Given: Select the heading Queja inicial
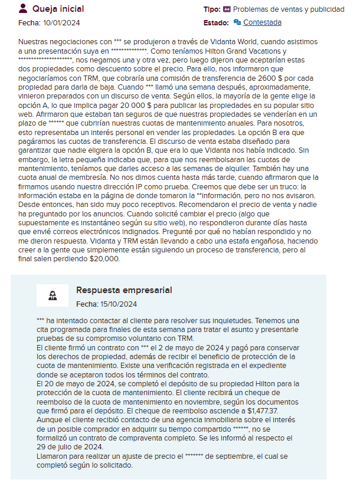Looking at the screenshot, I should pyautogui.click(x=58, y=9).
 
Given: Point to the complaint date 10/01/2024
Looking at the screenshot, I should pyautogui.click(x=61, y=23).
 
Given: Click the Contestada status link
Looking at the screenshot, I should pyautogui.click(x=262, y=22).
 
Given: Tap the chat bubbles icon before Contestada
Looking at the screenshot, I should pyautogui.click(x=237, y=22).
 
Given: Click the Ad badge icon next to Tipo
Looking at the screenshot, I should pyautogui.click(x=227, y=9).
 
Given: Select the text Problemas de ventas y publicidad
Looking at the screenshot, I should pyautogui.click(x=289, y=9).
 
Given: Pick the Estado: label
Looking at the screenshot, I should pyautogui.click(x=216, y=22).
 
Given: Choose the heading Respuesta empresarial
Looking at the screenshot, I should pyautogui.click(x=124, y=290).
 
